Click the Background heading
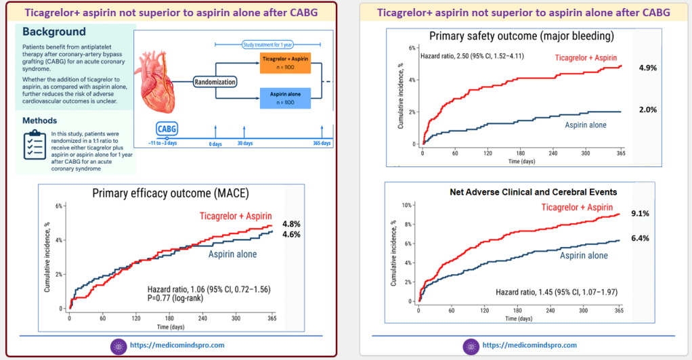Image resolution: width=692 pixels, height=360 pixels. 54,32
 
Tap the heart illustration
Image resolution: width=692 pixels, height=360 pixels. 161,81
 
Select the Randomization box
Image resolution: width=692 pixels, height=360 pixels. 215,81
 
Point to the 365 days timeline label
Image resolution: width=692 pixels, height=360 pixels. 321,143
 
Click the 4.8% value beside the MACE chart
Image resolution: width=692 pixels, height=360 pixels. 292,224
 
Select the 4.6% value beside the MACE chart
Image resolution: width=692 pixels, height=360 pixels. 292,234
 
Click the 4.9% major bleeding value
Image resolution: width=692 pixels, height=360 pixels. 648,68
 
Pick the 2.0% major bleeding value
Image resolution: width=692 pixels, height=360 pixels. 648,110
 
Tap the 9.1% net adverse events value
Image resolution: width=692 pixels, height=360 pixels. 640,214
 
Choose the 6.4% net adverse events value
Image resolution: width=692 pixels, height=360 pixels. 640,238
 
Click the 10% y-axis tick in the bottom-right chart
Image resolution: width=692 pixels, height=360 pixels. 406,205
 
